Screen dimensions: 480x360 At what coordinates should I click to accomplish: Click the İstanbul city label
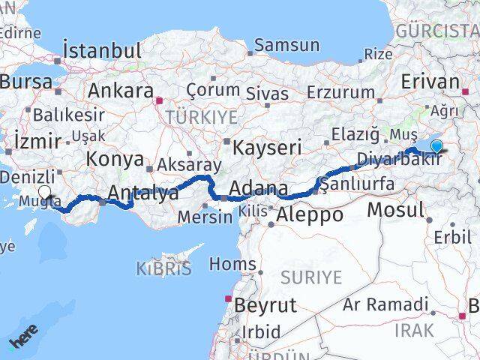[103, 51]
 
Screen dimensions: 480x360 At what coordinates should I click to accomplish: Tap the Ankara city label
[121, 91]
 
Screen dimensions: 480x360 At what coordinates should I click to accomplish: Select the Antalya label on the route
[143, 193]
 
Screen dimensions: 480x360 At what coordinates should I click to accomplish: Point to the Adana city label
[258, 187]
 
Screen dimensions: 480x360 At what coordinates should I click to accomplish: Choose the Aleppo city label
[310, 214]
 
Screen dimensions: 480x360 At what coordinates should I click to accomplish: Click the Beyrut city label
[265, 305]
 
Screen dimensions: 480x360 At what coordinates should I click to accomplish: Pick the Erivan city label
[430, 82]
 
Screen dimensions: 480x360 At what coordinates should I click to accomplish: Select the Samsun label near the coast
[286, 45]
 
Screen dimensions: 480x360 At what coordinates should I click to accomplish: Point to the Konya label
[115, 159]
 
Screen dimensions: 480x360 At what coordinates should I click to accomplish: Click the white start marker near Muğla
[45, 193]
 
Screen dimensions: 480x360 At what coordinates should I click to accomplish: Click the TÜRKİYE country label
[202, 117]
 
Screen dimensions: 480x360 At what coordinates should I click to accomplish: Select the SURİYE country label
[311, 277]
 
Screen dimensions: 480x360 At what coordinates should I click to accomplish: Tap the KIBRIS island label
[163, 268]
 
